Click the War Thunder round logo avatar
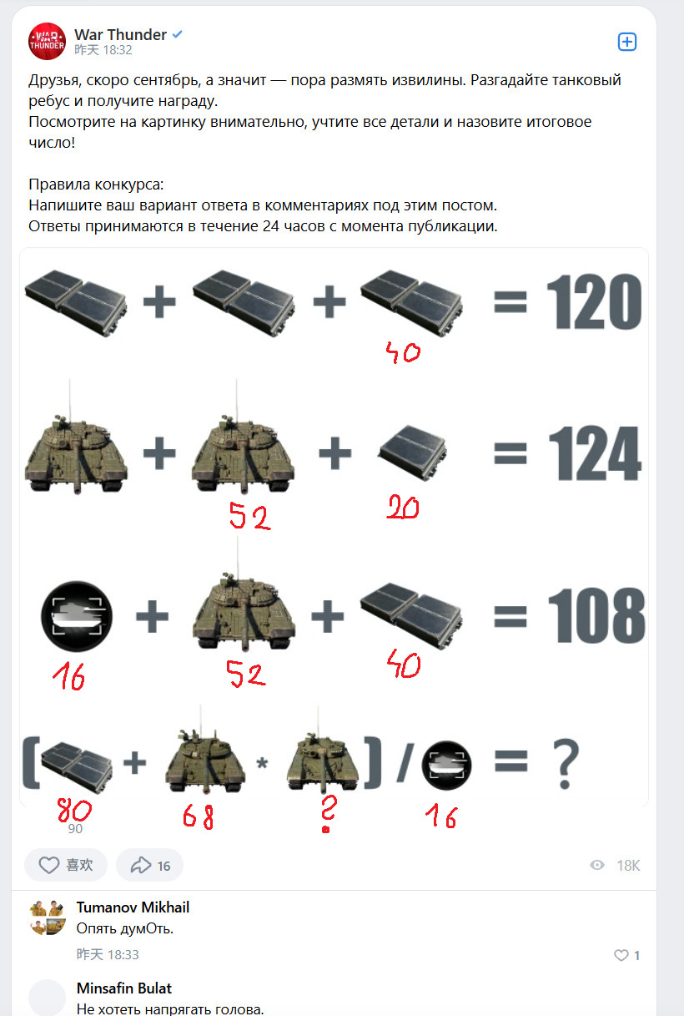pos(47,41)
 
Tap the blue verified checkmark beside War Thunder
pos(177,34)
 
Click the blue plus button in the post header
pos(627,42)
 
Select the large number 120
pos(594,301)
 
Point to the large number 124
pos(595,453)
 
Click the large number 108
pos(596,615)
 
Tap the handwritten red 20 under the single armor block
pos(403,508)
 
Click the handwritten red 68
pos(198,816)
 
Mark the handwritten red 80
pos(74,810)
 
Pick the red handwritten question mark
pos(327,813)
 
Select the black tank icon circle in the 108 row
pos(77,616)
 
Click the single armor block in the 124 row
pos(412,452)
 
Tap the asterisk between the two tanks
pos(262,763)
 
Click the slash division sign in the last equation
pos(405,762)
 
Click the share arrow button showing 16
pos(149,865)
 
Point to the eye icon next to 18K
pos(597,865)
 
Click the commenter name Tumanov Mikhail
pos(133,907)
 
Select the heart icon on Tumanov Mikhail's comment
pos(621,955)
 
